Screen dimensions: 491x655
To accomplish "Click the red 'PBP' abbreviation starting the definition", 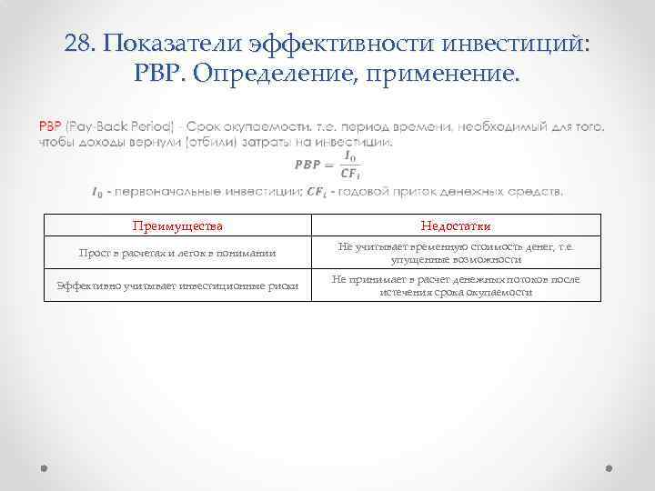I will point(50,126).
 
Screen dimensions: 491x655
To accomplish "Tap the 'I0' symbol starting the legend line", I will point(97,191).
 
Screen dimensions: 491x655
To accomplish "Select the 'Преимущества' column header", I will point(177,225).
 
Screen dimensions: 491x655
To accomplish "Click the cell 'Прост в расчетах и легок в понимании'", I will point(177,253).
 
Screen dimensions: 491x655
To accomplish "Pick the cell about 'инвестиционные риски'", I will point(177,286).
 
